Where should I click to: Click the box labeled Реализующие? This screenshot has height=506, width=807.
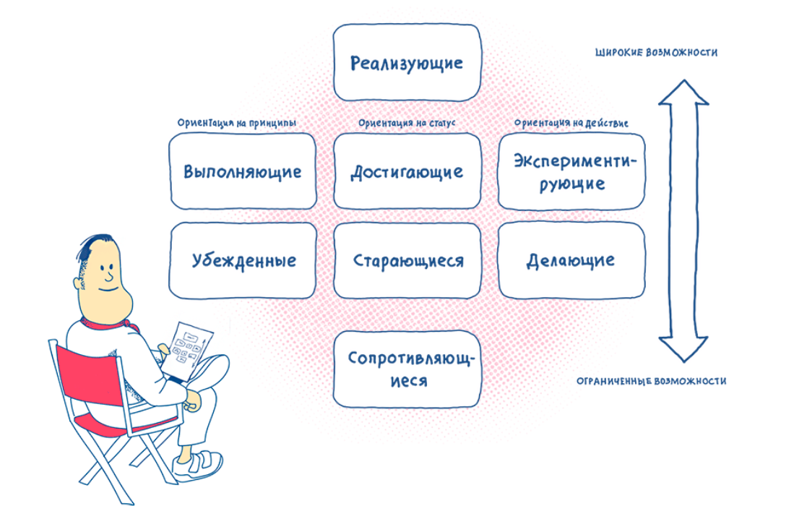[x=407, y=62]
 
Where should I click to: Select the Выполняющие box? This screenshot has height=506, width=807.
[x=242, y=171]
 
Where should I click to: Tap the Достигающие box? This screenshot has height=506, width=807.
[x=407, y=171]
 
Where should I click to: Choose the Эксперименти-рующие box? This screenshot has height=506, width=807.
[x=571, y=171]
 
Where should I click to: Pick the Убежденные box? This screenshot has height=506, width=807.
[x=242, y=260]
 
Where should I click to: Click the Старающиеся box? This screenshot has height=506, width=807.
[x=407, y=260]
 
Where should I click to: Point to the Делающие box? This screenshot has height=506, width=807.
[x=571, y=260]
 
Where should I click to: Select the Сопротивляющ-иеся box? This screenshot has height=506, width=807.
[x=407, y=369]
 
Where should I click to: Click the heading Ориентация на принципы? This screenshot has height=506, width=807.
[x=237, y=123]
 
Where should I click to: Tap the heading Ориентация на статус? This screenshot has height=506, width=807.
[x=407, y=123]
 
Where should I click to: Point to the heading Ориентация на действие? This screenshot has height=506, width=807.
[x=571, y=123]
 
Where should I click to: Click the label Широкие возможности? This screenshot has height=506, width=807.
[x=656, y=53]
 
